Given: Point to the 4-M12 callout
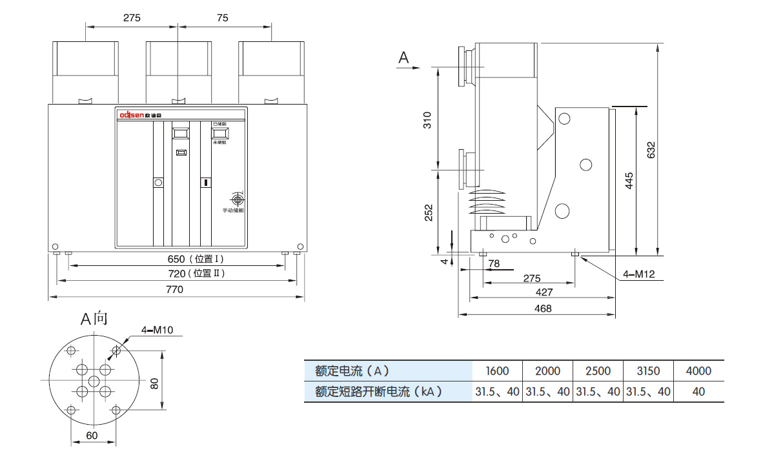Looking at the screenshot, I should click(x=638, y=274).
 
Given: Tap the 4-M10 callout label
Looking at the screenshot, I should click(x=158, y=331).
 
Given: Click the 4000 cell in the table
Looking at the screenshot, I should click(x=698, y=371).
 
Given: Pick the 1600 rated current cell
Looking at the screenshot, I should click(x=497, y=371).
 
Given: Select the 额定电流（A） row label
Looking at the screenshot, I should click(x=352, y=371).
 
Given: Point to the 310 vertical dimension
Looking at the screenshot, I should click(x=427, y=119).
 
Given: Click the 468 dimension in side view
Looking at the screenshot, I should click(x=544, y=309).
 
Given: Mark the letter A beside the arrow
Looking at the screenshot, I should click(x=403, y=58).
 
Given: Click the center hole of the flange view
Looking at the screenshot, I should click(x=94, y=380).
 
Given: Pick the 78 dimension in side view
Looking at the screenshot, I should click(x=494, y=263).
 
